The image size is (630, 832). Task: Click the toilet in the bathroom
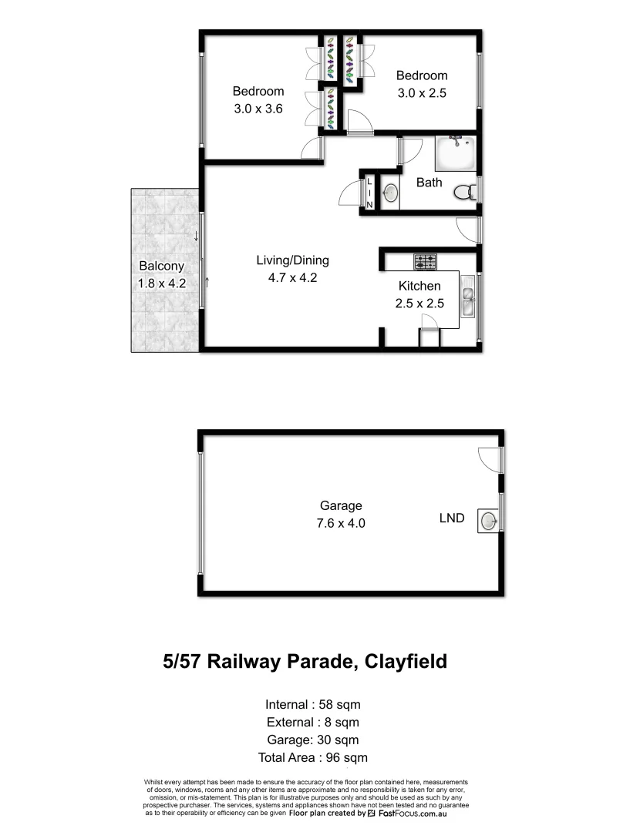(464, 191)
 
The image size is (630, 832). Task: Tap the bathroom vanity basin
(391, 192)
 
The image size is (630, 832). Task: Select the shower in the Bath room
(456, 154)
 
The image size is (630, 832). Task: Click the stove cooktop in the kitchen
(425, 262)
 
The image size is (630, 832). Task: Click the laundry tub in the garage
(487, 521)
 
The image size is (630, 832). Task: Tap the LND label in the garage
(452, 518)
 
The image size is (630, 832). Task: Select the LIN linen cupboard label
(369, 193)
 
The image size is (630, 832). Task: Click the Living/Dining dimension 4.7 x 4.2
(288, 278)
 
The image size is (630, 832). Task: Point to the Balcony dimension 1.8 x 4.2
(162, 283)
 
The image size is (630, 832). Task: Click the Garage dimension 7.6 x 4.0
(341, 523)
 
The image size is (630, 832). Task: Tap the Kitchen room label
(419, 286)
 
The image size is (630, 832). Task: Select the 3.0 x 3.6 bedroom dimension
(258, 109)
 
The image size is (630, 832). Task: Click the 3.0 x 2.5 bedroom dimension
(422, 93)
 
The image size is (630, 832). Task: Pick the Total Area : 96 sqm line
(313, 758)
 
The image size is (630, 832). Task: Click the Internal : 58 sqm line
(313, 704)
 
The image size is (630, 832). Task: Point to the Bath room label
(430, 183)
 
